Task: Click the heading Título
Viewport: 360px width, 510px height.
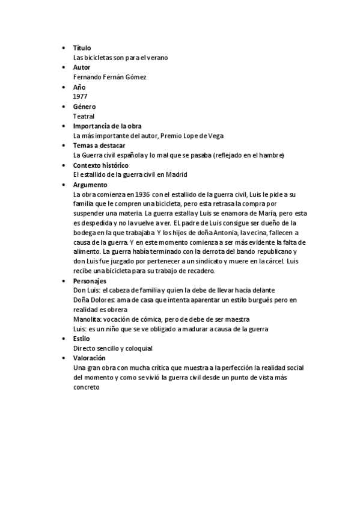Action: [x=82, y=48]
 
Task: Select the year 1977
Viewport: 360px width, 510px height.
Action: [x=79, y=97]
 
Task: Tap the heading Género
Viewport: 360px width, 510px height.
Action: [x=84, y=106]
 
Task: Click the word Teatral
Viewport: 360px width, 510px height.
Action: [x=84, y=116]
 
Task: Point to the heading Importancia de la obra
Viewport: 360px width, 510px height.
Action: [x=107, y=126]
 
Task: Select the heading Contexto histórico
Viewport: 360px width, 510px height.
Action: [x=100, y=165]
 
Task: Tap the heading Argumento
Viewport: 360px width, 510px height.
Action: [x=90, y=185]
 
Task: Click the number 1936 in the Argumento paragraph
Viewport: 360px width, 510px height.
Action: [x=142, y=195]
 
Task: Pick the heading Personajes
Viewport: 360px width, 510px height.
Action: [x=90, y=281]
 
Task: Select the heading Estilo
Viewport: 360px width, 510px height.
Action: [x=81, y=339]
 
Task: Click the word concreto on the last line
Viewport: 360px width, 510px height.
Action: [x=86, y=387]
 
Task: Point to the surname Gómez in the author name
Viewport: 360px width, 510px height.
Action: [x=136, y=77]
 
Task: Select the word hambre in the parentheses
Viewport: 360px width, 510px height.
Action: [x=268, y=155]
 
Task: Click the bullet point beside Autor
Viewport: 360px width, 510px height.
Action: [x=65, y=67]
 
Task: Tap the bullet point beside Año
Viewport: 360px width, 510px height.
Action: [x=65, y=87]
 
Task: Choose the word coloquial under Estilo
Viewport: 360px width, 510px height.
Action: [x=137, y=348]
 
